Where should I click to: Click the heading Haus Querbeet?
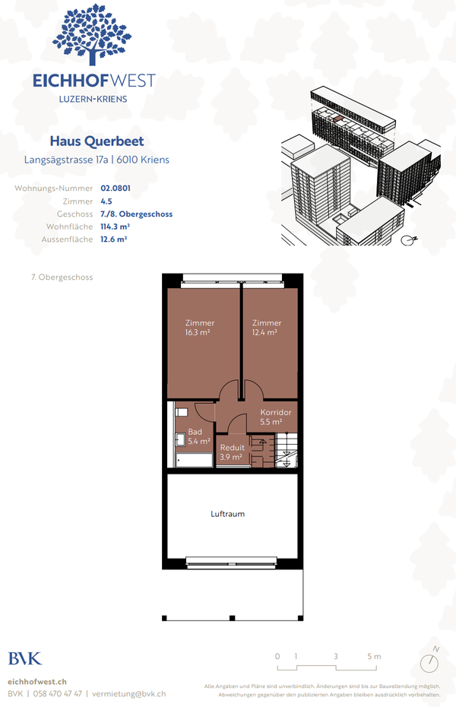(x=97, y=141)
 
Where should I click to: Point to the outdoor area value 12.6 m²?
(x=114, y=239)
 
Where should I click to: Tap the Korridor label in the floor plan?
(x=275, y=412)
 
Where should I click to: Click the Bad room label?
(x=195, y=432)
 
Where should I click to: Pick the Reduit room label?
(x=232, y=448)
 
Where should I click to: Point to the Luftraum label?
(x=228, y=514)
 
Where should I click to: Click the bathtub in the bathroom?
(x=194, y=460)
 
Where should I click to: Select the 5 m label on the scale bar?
(x=373, y=656)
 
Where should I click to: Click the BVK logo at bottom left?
(x=25, y=658)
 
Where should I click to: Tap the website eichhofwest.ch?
(x=37, y=682)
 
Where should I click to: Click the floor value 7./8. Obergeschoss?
(x=136, y=214)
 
